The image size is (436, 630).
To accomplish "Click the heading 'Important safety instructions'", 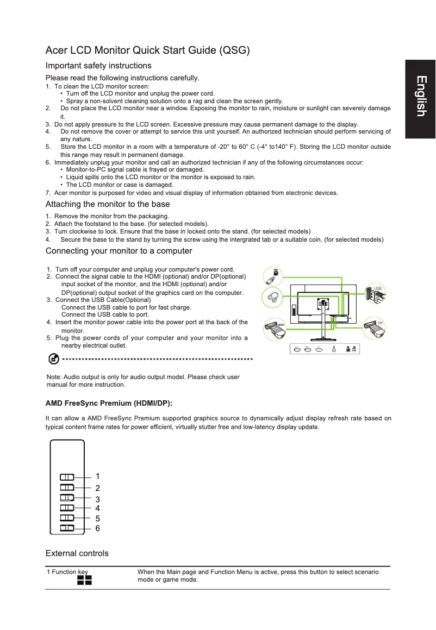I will (x=98, y=66).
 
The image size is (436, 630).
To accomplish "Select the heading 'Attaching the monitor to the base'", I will (x=108, y=204).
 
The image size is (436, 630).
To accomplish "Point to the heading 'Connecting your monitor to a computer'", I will (x=119, y=251).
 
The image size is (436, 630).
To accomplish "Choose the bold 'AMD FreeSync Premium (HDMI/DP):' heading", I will (x=109, y=404).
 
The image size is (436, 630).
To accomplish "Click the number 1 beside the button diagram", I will (x=97, y=477).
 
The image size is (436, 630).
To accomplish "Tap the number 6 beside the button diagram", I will (x=97, y=528).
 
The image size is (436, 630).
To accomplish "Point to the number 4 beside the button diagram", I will (x=97, y=508).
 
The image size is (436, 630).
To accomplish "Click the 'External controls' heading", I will (x=77, y=553).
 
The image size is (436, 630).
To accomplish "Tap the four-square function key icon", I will (x=84, y=581).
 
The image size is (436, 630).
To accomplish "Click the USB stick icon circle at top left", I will (x=274, y=276).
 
